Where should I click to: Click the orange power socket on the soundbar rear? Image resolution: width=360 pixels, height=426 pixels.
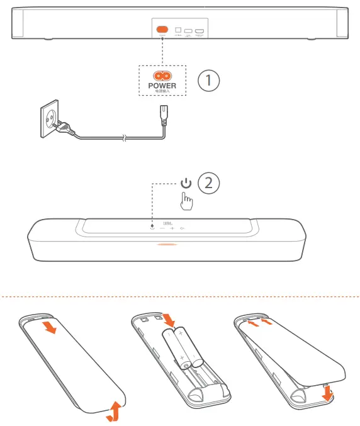pyautogui.click(x=162, y=29)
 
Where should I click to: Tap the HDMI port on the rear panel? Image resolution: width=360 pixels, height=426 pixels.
pyautogui.click(x=200, y=30)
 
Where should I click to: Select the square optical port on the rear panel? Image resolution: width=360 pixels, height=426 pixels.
pyautogui.click(x=179, y=30)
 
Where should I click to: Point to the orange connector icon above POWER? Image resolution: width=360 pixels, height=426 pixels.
pyautogui.click(x=162, y=76)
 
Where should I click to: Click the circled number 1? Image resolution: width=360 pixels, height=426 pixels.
pyautogui.click(x=209, y=81)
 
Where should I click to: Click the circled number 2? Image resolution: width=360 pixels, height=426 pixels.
pyautogui.click(x=209, y=184)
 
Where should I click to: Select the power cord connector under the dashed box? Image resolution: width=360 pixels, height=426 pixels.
pyautogui.click(x=162, y=115)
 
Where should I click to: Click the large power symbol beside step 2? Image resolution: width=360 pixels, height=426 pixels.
pyautogui.click(x=185, y=184)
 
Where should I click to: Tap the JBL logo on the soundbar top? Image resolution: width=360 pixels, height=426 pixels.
pyautogui.click(x=168, y=223)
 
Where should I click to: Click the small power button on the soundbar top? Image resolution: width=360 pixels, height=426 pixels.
pyautogui.click(x=153, y=228)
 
